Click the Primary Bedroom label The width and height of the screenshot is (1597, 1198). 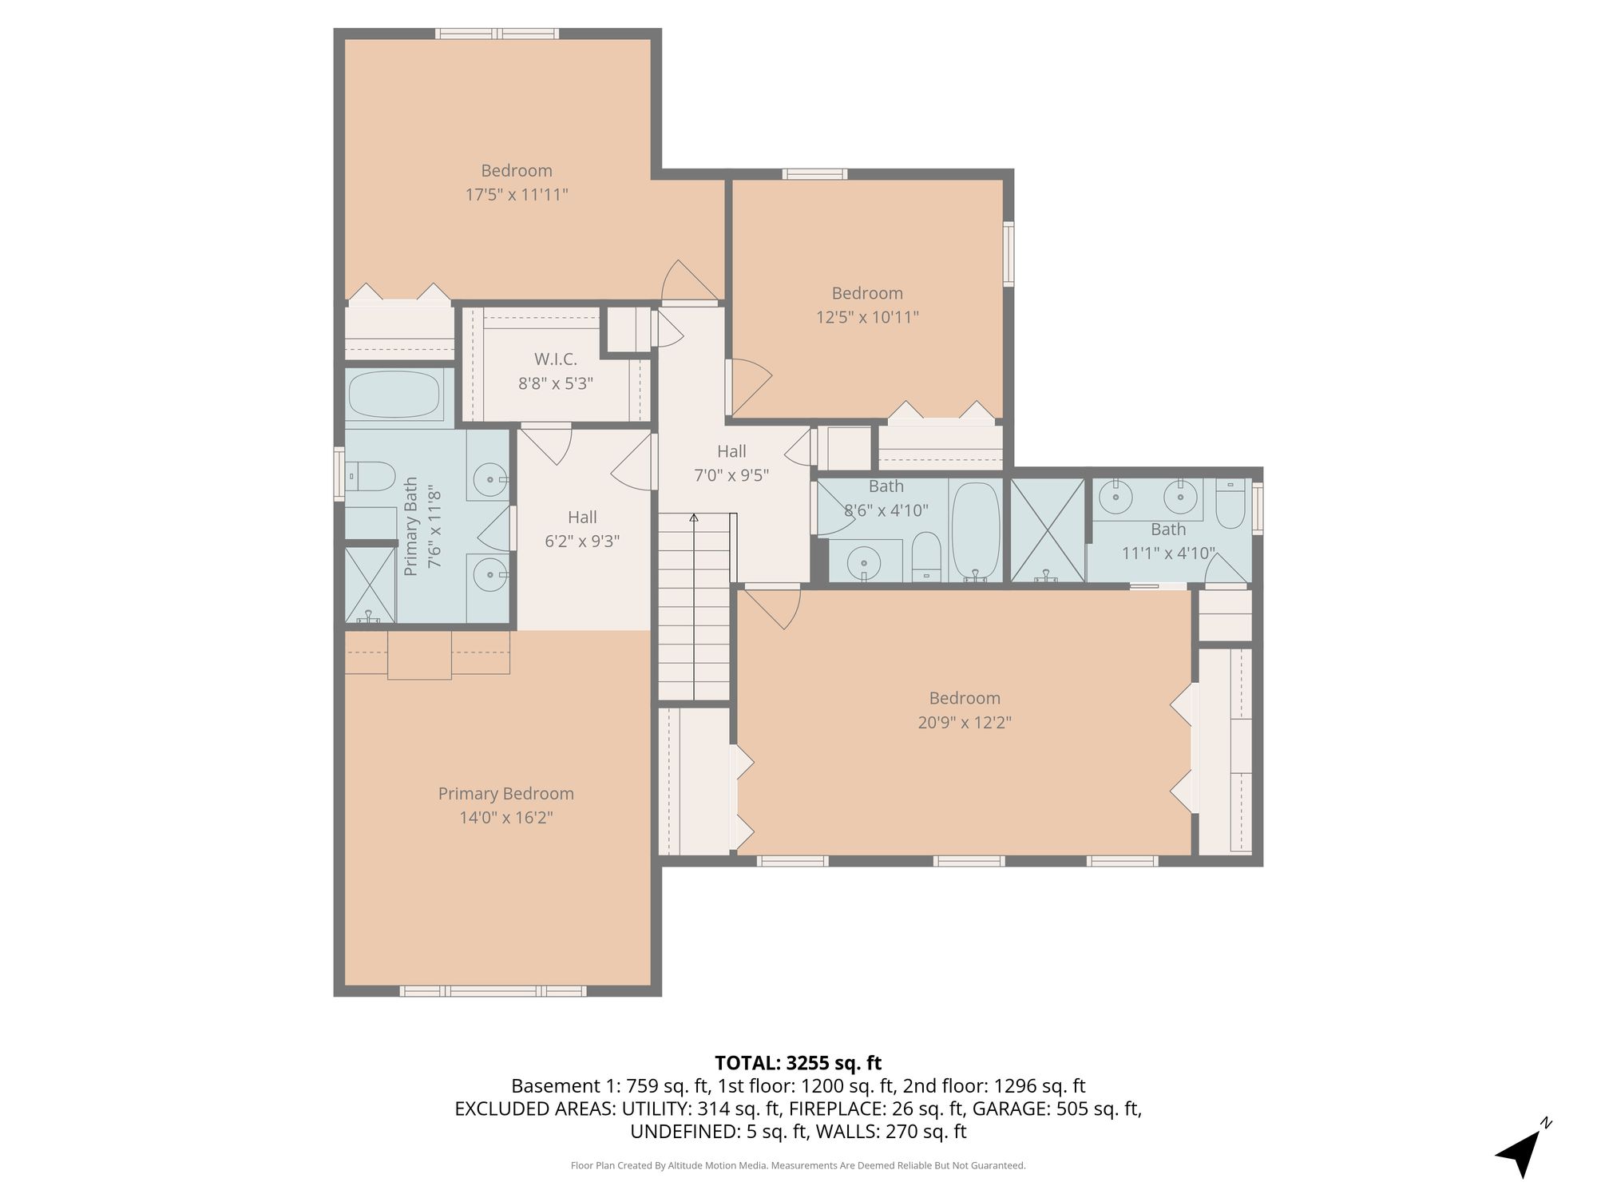coord(505,794)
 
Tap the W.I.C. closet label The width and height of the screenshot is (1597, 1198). coord(555,359)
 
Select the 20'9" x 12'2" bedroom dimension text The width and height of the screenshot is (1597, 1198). coord(965,722)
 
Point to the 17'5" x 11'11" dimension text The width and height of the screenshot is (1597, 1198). coord(517,194)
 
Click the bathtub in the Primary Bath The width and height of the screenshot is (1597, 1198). coord(394,395)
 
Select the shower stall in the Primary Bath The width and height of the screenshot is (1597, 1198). coord(371,585)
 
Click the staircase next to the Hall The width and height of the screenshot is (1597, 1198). coord(694,607)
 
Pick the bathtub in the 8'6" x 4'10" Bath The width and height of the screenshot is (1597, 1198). coord(976,531)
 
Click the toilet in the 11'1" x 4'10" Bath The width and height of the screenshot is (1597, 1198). coord(1230,504)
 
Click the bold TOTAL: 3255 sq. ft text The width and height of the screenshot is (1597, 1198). coord(798,1063)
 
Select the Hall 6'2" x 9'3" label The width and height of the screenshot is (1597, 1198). coord(582,529)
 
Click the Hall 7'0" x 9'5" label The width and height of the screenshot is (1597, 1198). coord(731,463)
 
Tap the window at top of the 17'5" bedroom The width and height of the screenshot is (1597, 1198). coord(497,34)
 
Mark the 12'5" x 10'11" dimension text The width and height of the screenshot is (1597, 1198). coord(867,317)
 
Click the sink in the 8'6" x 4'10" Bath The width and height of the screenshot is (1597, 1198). coord(864,563)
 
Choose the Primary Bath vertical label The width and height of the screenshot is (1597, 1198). coord(422,526)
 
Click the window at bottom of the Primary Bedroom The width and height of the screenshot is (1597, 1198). coord(493,991)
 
